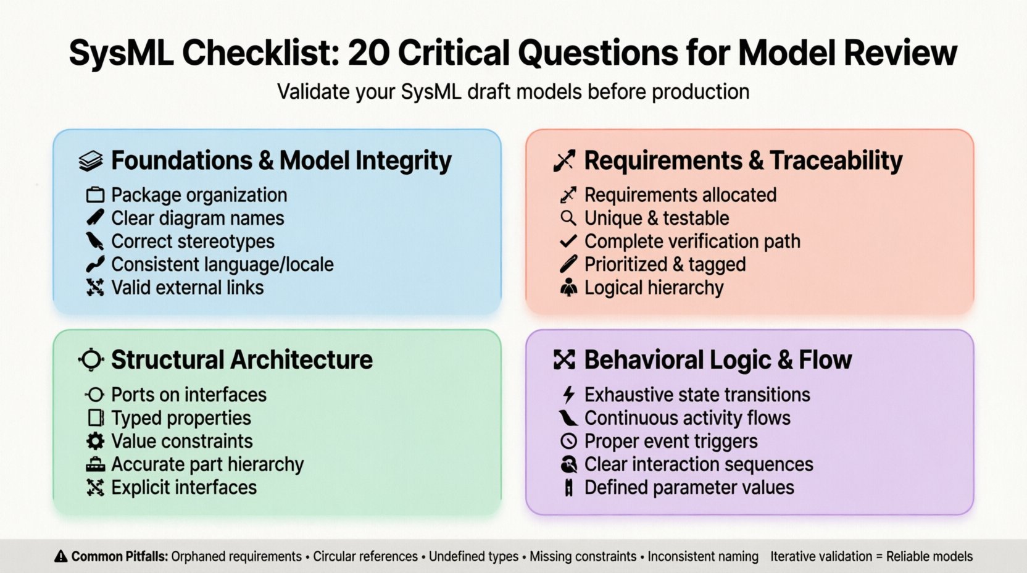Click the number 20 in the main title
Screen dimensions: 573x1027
point(368,53)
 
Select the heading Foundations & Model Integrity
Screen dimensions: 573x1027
point(281,161)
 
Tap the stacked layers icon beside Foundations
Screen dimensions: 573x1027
point(91,161)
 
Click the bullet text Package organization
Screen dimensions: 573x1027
point(199,195)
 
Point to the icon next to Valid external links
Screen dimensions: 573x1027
point(95,288)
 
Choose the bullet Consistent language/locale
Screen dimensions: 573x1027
point(222,264)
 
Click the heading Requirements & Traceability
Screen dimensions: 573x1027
point(743,161)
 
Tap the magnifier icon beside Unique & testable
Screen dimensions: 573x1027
point(568,219)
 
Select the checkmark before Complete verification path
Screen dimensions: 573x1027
point(568,241)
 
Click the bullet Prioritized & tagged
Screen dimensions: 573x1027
point(665,264)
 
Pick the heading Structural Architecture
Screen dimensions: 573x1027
point(242,360)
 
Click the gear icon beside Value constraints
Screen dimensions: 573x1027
point(95,441)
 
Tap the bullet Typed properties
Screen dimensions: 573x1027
point(181,418)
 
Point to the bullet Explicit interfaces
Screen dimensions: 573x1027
point(184,488)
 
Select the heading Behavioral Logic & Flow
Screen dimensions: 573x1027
point(718,360)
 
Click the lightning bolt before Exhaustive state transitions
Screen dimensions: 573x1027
point(568,395)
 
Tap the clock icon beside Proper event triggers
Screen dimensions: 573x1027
point(568,441)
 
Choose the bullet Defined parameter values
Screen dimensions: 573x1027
point(689,488)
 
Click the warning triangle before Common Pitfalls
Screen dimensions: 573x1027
point(61,557)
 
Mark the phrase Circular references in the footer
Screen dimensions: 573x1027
point(365,557)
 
